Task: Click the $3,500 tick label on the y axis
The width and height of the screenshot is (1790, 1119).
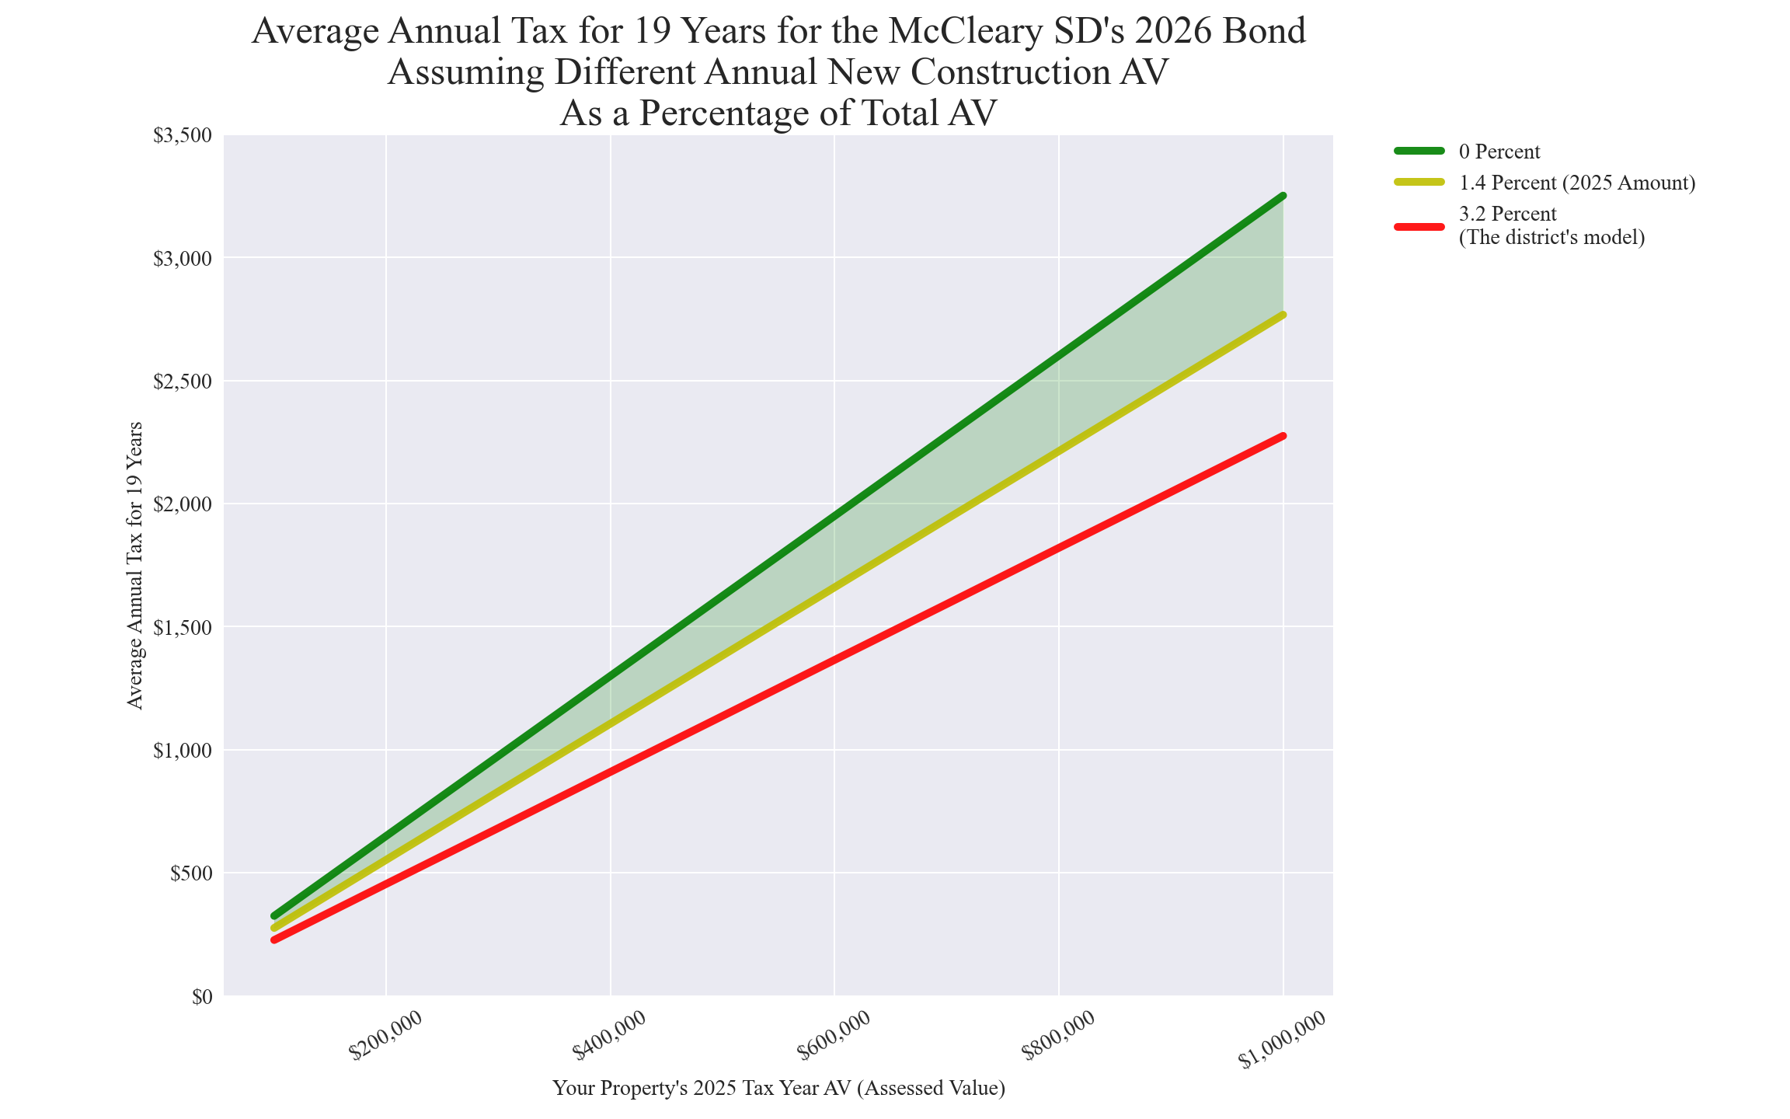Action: point(182,136)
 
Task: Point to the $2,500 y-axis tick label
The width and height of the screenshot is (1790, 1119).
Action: point(182,382)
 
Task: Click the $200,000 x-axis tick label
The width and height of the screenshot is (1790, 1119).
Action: point(386,1036)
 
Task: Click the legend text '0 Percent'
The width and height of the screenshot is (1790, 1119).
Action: point(1499,152)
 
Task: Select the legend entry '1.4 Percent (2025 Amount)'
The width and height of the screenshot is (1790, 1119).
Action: point(1576,183)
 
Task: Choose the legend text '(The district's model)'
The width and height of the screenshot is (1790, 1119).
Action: point(1551,238)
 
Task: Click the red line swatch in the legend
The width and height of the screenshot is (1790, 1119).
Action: point(1419,226)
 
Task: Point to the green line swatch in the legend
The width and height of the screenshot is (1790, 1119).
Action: point(1419,151)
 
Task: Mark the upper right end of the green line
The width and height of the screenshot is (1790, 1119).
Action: point(1283,196)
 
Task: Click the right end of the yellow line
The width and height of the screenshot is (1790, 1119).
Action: point(1283,315)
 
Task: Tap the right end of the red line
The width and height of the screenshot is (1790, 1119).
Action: point(1283,436)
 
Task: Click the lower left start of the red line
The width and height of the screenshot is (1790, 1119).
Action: point(274,940)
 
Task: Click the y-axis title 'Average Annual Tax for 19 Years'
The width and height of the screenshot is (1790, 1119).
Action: point(135,565)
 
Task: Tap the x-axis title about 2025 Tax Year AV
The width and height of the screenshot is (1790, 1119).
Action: point(778,1088)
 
